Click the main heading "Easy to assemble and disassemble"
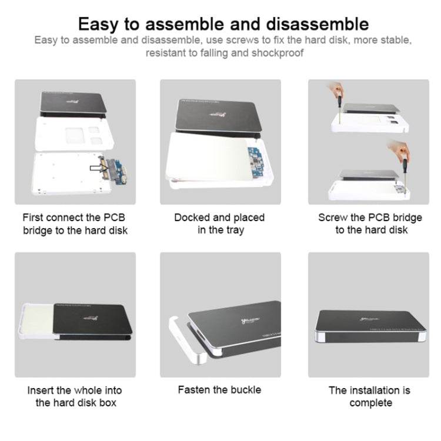(223, 24)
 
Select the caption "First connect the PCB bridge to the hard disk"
(75, 224)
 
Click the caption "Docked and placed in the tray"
(219, 224)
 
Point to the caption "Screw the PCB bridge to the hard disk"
(370, 224)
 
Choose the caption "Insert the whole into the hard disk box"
(75, 396)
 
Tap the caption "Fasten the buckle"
(219, 390)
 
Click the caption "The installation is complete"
(370, 396)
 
